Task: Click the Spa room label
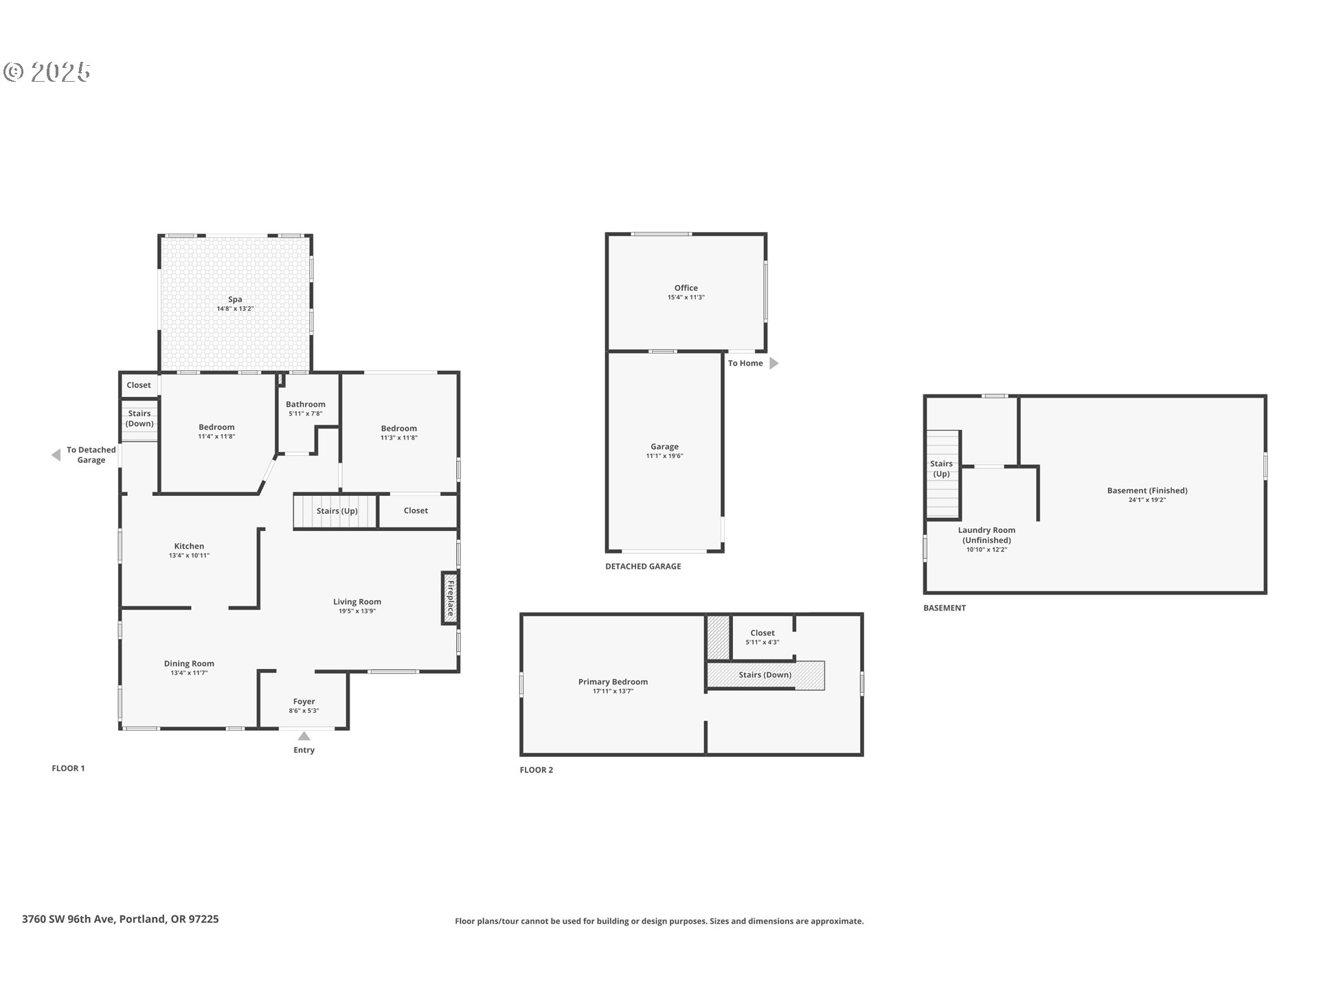235,299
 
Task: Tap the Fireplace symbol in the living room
450,598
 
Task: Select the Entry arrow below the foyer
304,736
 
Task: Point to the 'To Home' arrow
774,363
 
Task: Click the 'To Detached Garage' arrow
56,455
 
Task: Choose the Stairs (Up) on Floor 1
336,511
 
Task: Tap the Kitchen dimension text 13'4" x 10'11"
189,556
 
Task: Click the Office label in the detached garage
686,288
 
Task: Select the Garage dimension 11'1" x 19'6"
664,456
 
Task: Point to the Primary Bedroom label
613,682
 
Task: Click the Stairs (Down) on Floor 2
765,675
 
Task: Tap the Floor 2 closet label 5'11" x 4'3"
762,643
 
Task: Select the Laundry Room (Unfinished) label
987,535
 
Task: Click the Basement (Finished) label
1147,490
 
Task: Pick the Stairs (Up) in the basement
941,470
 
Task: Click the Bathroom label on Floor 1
306,405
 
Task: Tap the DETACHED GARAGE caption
643,567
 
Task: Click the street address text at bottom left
120,919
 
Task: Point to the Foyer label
304,702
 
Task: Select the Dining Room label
189,663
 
